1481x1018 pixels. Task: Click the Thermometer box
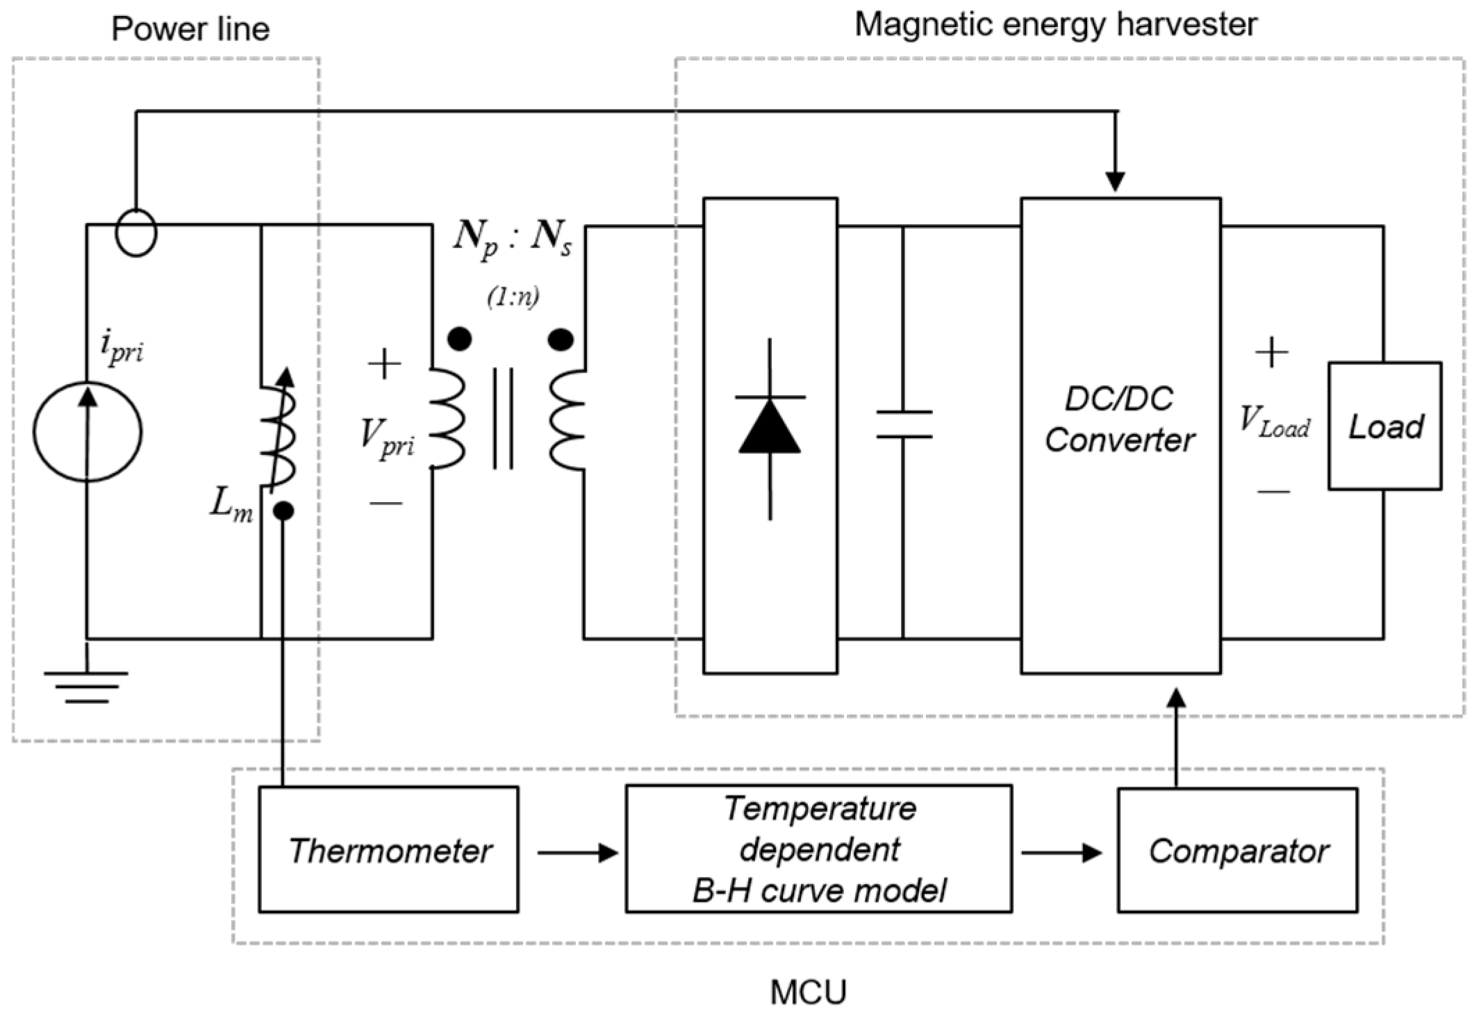click(x=388, y=849)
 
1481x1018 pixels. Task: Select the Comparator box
click(x=1237, y=850)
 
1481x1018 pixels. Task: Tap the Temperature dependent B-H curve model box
click(x=818, y=849)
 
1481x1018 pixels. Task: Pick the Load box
click(x=1384, y=426)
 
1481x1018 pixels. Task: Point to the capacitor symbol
click(x=903, y=424)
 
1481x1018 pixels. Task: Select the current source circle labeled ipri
click(x=88, y=431)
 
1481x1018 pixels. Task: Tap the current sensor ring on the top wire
click(x=136, y=233)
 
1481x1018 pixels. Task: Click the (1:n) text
click(x=513, y=297)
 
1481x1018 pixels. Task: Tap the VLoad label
click(x=1275, y=421)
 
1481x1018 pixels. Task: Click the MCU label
click(x=809, y=992)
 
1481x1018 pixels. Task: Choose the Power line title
click(x=190, y=29)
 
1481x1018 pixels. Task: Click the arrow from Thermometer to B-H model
click(x=577, y=852)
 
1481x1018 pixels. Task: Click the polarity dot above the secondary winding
click(x=561, y=340)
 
